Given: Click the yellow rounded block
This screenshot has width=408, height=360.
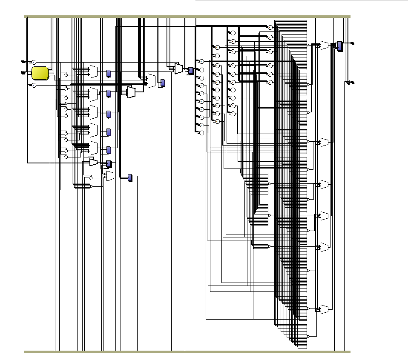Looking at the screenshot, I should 40,73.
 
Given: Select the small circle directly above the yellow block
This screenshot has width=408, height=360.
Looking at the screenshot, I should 34,62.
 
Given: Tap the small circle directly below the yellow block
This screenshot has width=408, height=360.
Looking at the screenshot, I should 34,85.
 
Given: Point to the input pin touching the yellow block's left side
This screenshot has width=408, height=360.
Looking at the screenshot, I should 23,73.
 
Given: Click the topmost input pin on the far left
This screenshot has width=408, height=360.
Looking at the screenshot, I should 23,62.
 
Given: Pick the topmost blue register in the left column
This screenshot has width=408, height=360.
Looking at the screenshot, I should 109,73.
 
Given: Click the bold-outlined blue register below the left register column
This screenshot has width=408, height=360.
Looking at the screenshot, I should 109,164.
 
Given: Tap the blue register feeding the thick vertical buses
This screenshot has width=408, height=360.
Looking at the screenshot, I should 191,70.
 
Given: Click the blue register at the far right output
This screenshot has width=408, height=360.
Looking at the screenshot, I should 339,46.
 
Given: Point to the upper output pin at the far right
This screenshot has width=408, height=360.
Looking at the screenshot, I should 352,43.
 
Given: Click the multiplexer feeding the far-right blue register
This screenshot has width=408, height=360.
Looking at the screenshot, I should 325,45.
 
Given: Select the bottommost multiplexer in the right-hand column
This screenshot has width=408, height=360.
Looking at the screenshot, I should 325,308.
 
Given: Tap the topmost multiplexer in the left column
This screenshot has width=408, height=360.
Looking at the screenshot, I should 94,72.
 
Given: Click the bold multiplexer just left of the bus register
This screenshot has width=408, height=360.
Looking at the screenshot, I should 178,68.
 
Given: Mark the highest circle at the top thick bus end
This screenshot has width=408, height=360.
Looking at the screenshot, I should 270,27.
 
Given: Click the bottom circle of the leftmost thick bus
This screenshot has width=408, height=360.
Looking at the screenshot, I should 202,133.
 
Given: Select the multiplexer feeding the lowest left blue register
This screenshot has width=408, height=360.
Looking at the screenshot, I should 111,176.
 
